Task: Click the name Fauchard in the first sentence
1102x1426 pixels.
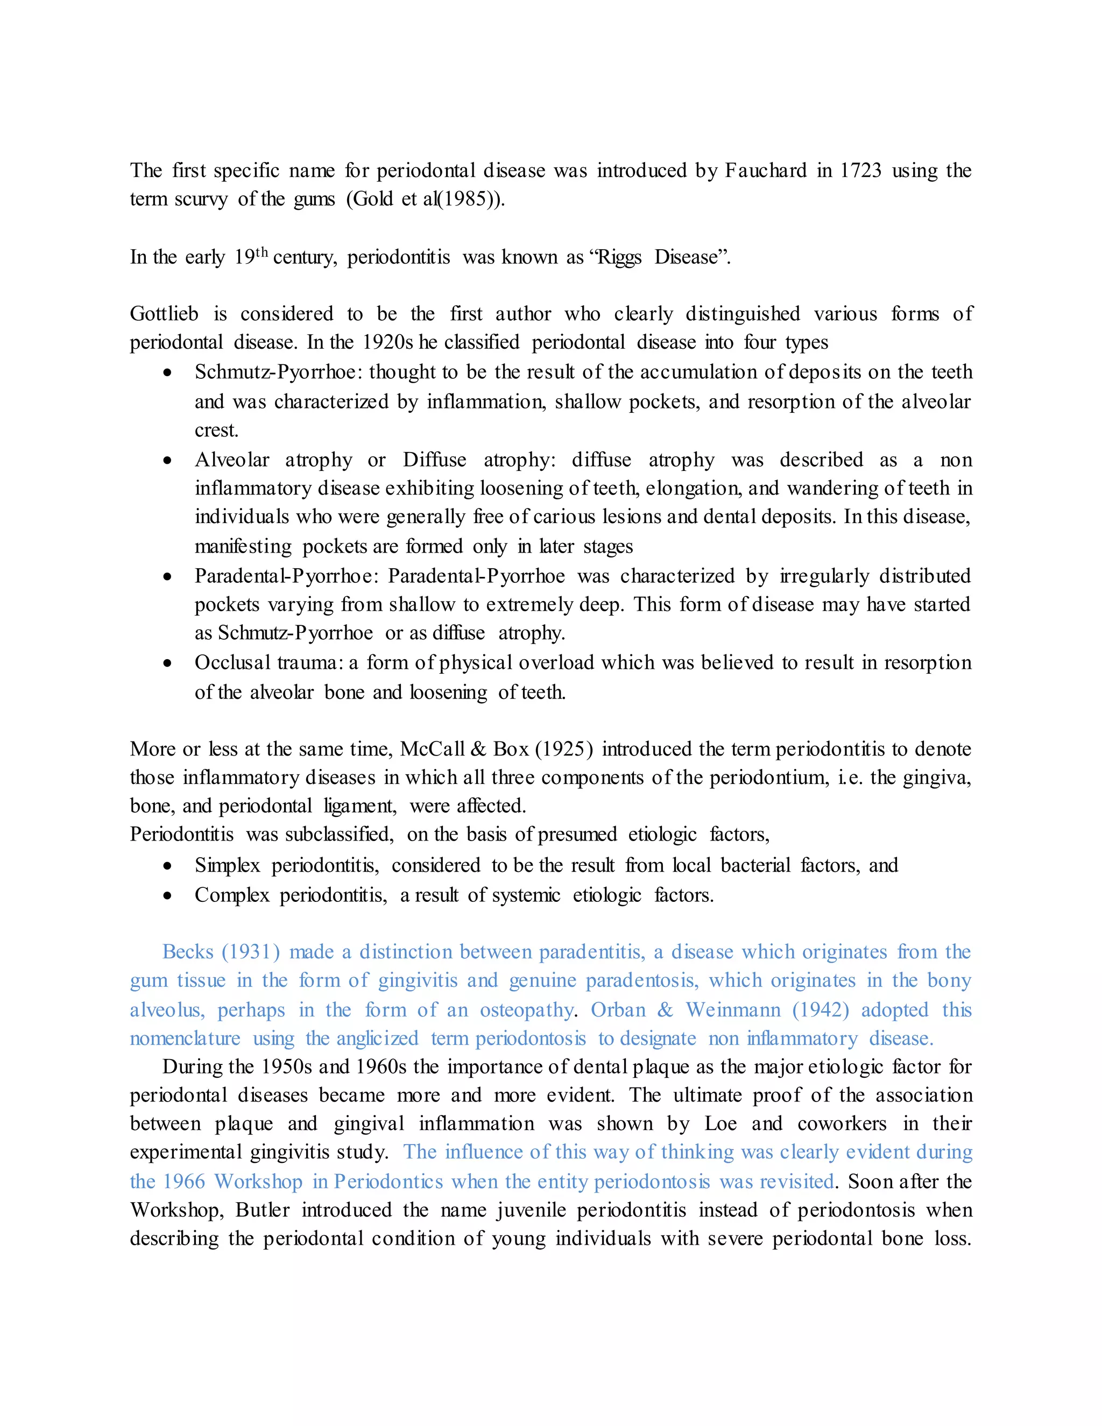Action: point(765,171)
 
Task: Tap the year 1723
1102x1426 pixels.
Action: point(860,171)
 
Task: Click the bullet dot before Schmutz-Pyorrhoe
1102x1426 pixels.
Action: point(168,373)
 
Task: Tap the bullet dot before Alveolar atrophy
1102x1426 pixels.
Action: point(168,460)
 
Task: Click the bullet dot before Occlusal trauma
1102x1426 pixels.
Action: point(168,663)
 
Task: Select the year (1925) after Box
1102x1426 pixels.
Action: point(563,749)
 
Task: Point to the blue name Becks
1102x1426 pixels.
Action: point(188,952)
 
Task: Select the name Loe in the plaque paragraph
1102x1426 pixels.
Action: point(720,1124)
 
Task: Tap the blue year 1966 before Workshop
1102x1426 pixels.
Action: point(183,1182)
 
